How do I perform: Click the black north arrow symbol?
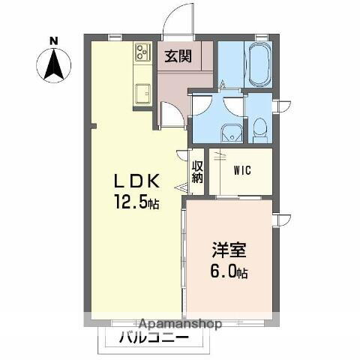[54, 65]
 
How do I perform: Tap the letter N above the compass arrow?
[53, 40]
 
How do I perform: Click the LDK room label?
[136, 181]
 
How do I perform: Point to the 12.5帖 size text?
[136, 202]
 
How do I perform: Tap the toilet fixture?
[259, 130]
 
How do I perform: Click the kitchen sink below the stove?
[142, 94]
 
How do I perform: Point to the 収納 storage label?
[197, 172]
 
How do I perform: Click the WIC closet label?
[241, 170]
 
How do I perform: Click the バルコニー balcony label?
[153, 339]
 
